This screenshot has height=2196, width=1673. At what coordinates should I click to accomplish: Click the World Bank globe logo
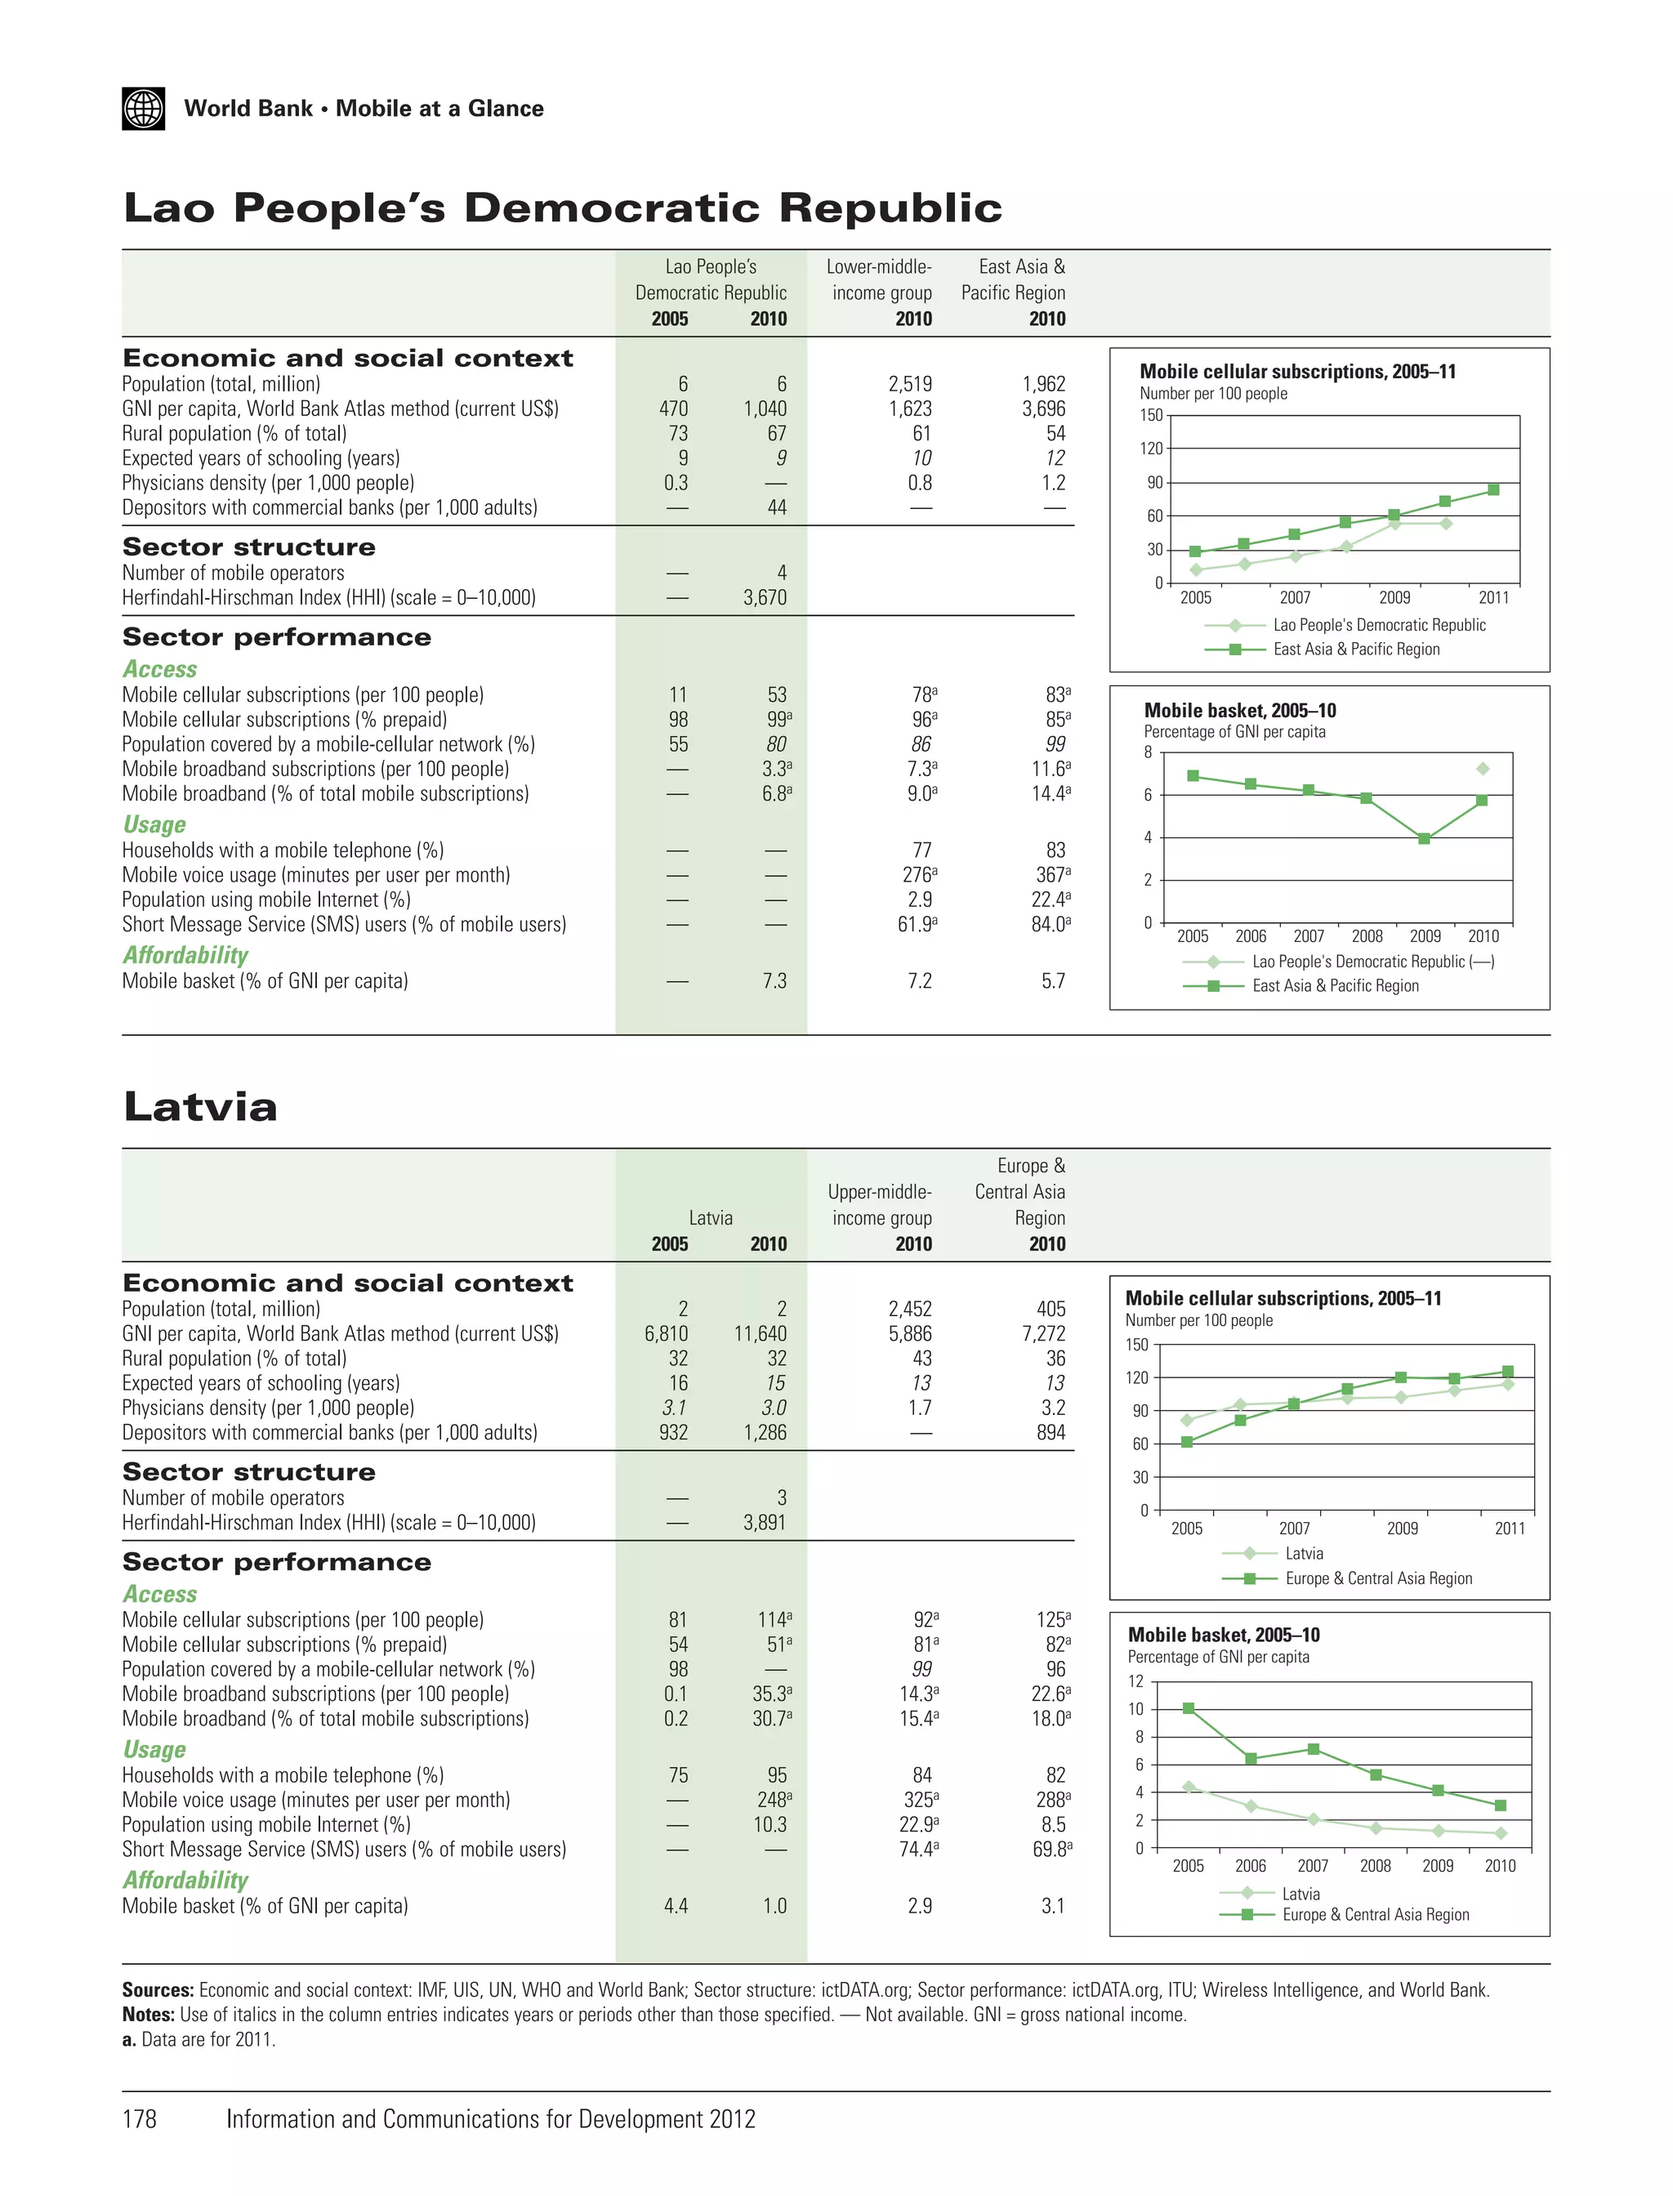pos(144,109)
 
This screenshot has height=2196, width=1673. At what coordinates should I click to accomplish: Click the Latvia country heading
pos(200,1108)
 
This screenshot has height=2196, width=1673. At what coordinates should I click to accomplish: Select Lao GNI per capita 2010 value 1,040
pos(764,408)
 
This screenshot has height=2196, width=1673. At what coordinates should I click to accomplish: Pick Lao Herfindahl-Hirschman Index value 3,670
pos(764,597)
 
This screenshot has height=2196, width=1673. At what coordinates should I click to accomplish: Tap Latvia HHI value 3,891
pos(764,1523)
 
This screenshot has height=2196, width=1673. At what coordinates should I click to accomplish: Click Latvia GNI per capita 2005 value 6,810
pos(667,1333)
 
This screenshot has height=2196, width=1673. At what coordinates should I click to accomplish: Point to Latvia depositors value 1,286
pos(764,1432)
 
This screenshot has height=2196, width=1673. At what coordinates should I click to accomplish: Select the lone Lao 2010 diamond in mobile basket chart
pos(1483,769)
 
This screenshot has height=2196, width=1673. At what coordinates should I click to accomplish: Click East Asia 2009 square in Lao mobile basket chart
pos(1424,838)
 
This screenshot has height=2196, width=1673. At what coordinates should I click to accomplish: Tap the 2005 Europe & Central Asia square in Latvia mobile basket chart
pos(1188,1708)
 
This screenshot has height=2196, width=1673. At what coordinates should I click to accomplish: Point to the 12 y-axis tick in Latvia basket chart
pos(1135,1681)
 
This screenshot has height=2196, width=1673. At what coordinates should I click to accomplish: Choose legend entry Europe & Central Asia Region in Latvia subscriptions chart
pos(1378,1578)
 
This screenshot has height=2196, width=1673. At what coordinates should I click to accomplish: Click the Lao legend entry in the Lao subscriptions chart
pos(1378,626)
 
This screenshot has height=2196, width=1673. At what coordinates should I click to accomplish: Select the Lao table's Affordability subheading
pos(185,955)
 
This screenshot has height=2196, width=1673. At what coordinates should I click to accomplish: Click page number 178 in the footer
pos(140,2119)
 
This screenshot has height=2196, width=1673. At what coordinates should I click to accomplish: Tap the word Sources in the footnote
pos(158,1990)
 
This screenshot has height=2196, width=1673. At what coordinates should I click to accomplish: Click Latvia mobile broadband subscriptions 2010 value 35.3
pos(769,1694)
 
